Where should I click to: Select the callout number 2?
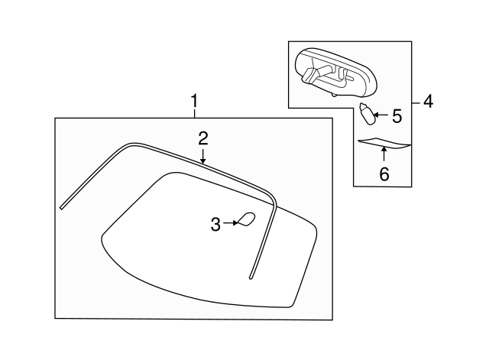point(202,138)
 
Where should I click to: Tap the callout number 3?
point(215,224)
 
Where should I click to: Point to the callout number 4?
point(428,101)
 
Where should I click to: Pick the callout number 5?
point(396,116)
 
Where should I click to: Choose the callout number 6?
point(384,174)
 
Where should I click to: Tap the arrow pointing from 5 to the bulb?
point(381,116)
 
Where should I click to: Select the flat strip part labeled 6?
point(384,142)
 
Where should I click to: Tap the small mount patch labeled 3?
point(246,219)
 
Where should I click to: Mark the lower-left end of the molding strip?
point(61,206)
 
